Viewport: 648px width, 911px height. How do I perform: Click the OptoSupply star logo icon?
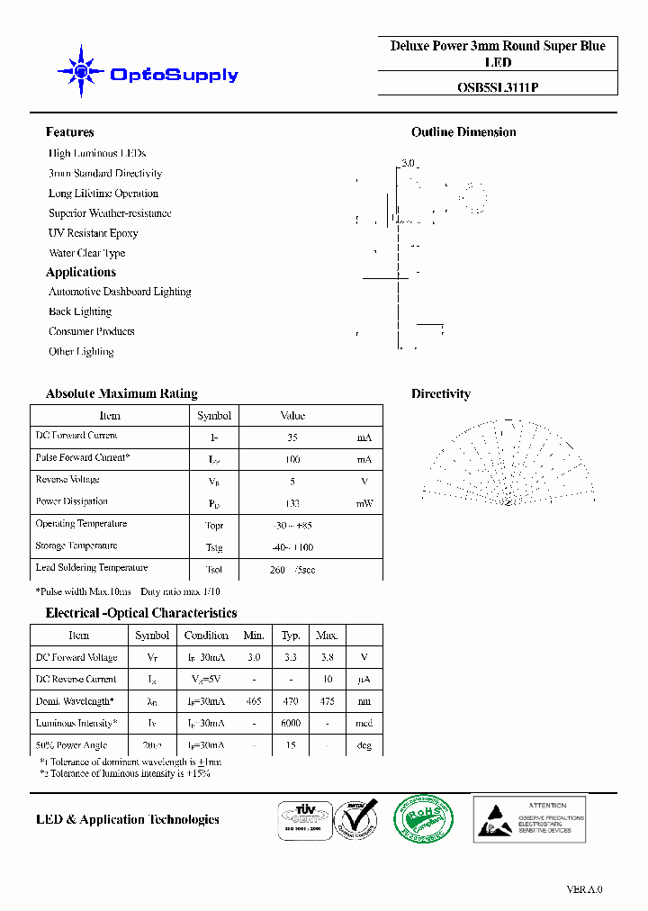(81, 71)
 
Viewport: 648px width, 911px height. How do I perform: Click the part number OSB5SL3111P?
(497, 87)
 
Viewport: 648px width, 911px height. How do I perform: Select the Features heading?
(69, 132)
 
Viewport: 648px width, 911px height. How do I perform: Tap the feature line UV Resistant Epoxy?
(94, 233)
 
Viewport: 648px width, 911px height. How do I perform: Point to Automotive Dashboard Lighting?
(120, 292)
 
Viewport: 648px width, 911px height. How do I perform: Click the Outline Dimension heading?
(463, 132)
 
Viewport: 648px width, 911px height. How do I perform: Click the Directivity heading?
(440, 393)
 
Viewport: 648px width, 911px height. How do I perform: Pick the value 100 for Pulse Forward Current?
(292, 459)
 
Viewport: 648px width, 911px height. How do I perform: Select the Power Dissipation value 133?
(292, 503)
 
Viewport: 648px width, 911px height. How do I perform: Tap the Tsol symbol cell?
(214, 569)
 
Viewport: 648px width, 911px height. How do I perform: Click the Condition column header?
(206, 636)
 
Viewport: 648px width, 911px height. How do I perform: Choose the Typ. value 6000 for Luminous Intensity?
(291, 724)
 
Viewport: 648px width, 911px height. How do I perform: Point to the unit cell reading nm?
(364, 701)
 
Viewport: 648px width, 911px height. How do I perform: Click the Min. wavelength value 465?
(255, 701)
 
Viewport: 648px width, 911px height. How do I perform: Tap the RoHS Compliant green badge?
(424, 819)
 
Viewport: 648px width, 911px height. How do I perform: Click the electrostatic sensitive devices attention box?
(529, 818)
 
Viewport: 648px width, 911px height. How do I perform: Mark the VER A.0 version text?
(584, 889)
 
